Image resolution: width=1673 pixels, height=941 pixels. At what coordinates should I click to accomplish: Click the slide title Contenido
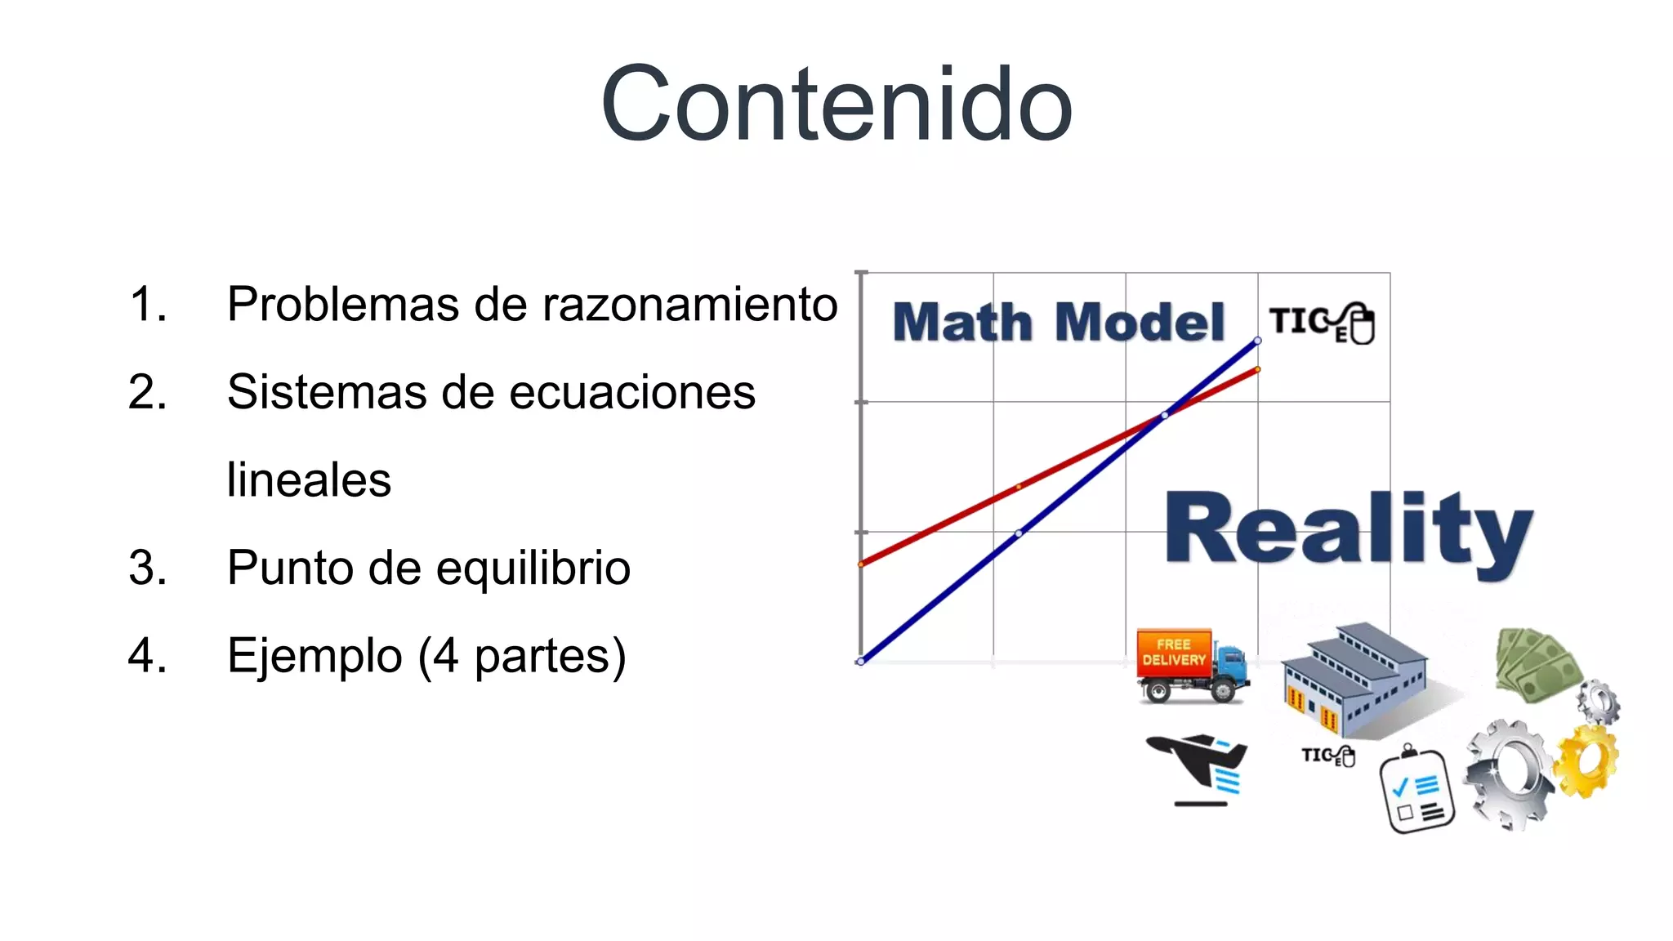tap(836, 105)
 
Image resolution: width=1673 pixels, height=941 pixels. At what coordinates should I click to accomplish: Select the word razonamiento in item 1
tap(689, 305)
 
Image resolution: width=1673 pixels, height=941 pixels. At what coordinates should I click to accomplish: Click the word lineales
tap(309, 479)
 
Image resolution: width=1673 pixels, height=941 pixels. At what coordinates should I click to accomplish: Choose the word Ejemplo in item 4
tap(315, 656)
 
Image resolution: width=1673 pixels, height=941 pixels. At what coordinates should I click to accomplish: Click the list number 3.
tap(148, 568)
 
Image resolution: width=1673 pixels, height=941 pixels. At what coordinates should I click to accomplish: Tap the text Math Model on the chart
tap(1059, 322)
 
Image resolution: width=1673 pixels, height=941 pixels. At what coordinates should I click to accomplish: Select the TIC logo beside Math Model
tap(1323, 323)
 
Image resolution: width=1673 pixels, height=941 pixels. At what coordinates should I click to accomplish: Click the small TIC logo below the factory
tap(1328, 756)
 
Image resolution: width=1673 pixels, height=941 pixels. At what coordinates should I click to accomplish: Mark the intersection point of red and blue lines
tap(1165, 415)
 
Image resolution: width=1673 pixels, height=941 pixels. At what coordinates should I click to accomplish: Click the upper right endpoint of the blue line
tap(1257, 341)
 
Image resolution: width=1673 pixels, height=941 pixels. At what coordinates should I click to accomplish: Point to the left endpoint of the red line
tap(861, 564)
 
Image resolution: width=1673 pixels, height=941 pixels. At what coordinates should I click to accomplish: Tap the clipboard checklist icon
tap(1416, 791)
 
